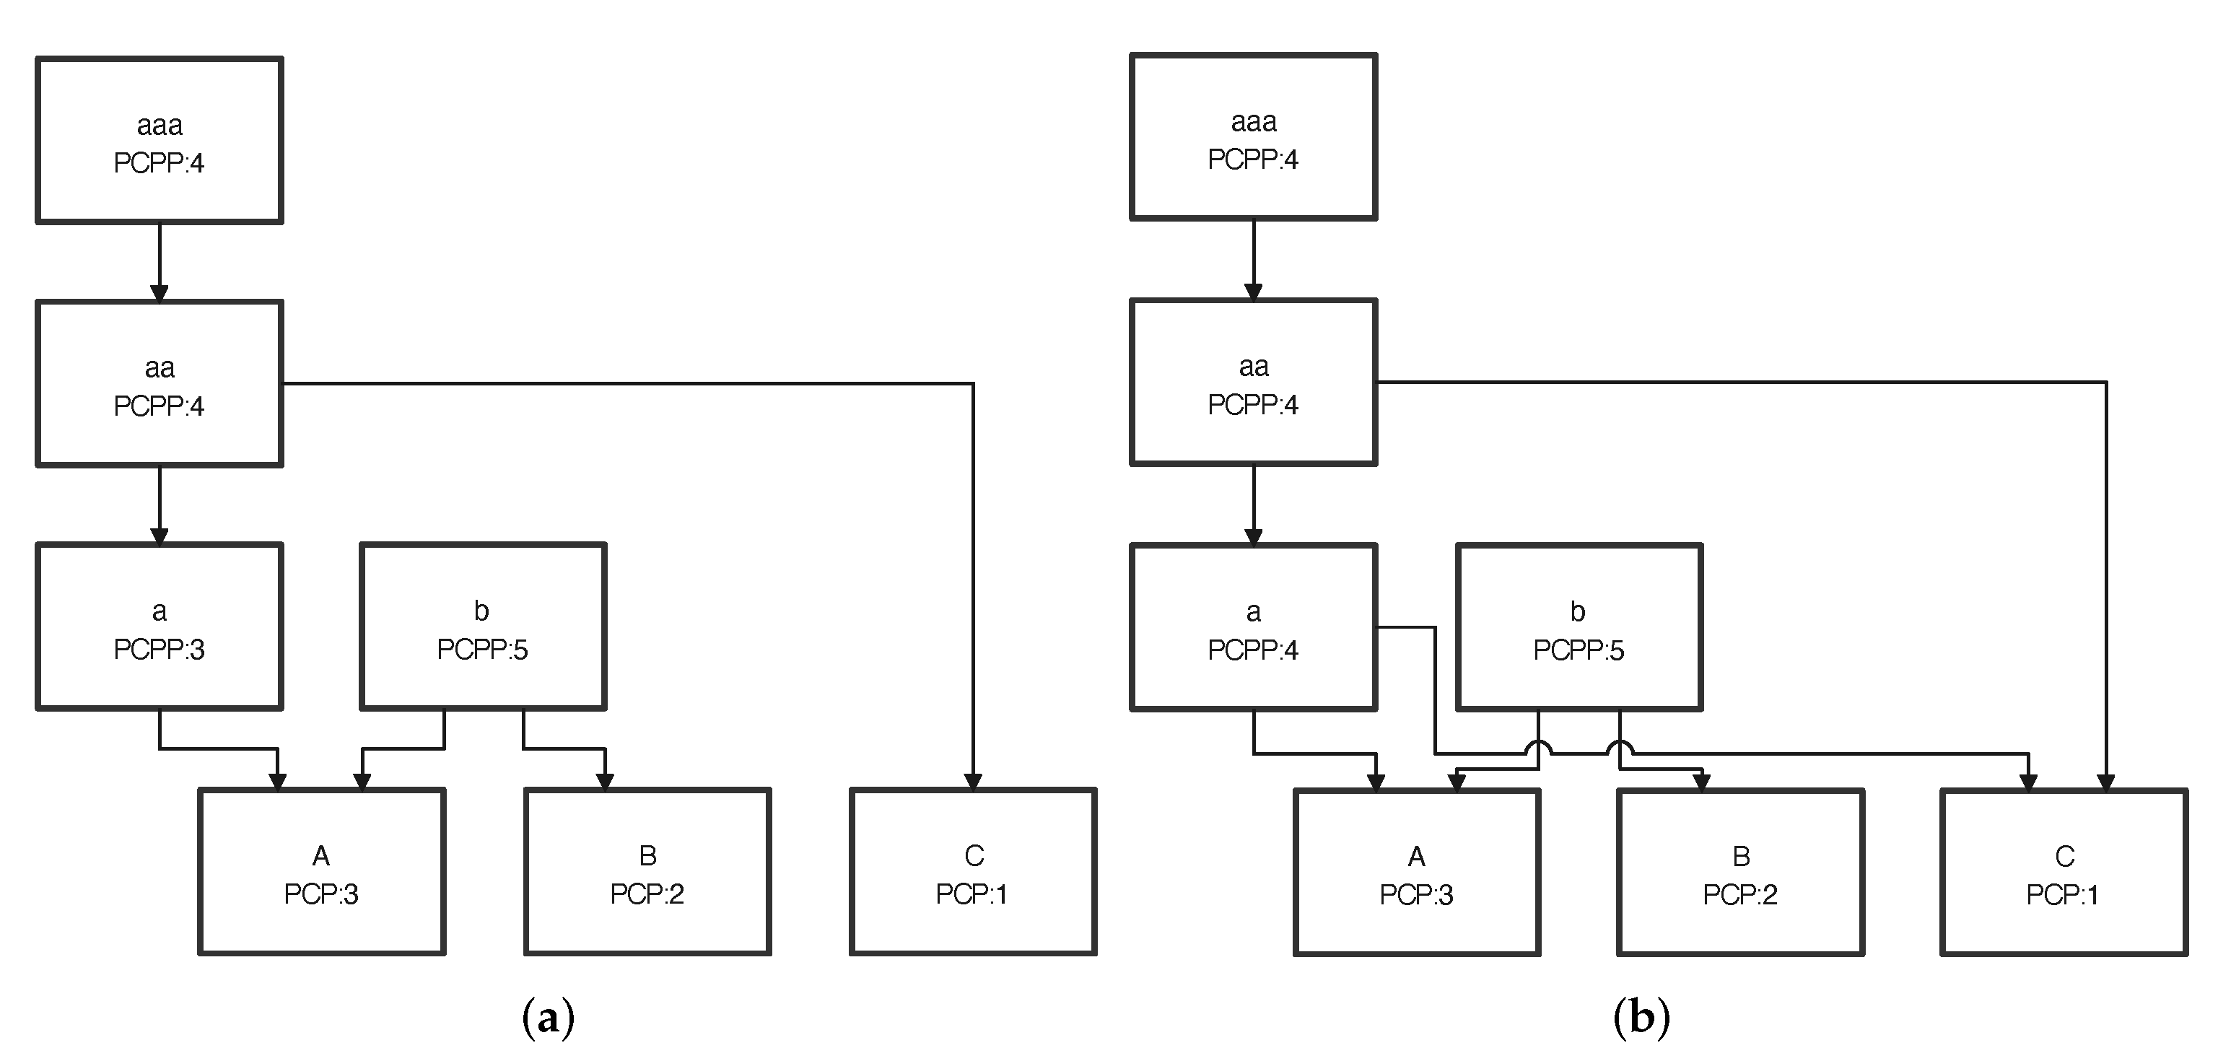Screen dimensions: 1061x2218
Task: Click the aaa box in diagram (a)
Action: [x=160, y=140]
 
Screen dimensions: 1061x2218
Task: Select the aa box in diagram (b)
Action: [x=1253, y=383]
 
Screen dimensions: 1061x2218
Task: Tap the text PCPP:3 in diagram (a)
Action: [x=160, y=650]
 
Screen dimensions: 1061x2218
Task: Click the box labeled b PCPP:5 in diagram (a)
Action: [x=482, y=626]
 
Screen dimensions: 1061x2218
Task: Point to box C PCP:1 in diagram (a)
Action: [x=973, y=872]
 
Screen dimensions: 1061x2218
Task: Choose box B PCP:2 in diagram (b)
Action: [x=1740, y=872]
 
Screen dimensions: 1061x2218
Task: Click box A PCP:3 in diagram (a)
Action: [x=321, y=872]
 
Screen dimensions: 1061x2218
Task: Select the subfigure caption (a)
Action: [x=549, y=1018]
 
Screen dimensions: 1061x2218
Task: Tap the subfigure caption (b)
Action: [x=1641, y=1018]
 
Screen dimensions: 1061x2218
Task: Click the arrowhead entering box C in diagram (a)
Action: [x=973, y=781]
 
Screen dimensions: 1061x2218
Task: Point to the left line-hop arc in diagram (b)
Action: [x=1539, y=748]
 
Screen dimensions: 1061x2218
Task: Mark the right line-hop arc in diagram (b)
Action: [x=1620, y=748]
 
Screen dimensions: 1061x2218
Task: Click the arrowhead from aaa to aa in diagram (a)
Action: [x=160, y=293]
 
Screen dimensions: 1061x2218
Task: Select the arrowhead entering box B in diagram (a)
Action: [x=606, y=781]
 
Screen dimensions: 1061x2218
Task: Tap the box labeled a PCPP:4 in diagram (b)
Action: [x=1253, y=627]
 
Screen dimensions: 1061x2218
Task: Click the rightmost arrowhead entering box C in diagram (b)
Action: [x=2106, y=782]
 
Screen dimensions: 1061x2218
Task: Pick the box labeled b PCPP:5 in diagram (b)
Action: [x=1579, y=627]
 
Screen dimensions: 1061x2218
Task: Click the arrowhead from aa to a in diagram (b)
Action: [x=1253, y=536]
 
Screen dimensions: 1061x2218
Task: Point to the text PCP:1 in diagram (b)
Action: [x=2062, y=895]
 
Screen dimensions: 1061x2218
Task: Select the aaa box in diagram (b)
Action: [x=1253, y=138]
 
